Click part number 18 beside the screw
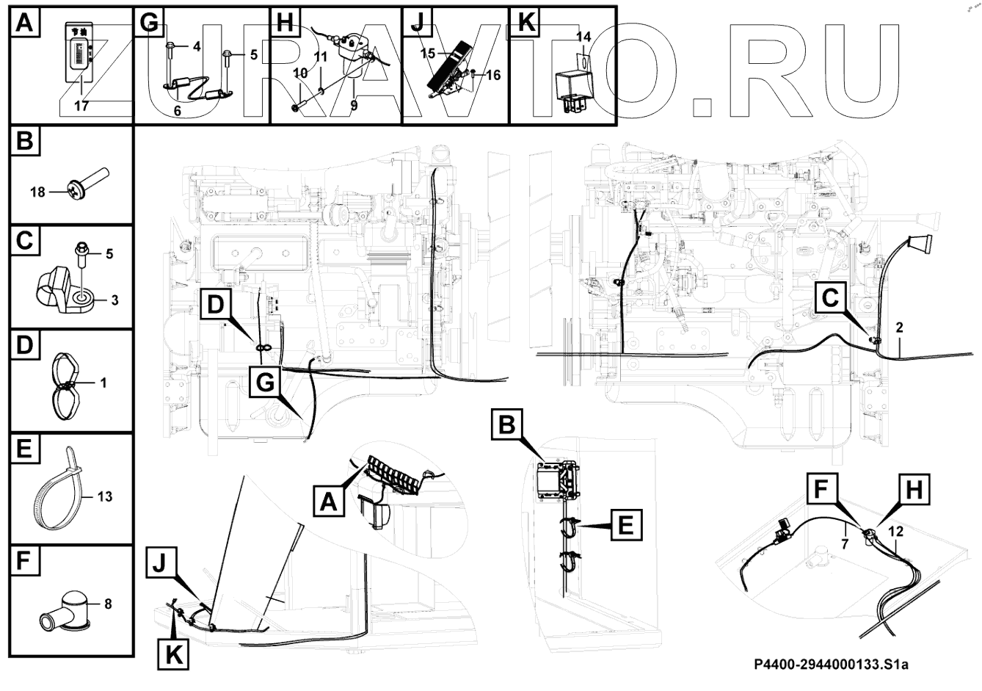coord(37,192)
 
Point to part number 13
coord(104,496)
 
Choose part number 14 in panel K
coord(583,36)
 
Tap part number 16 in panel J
coord(492,75)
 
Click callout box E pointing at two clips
coord(625,526)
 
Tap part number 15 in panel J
coord(428,54)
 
